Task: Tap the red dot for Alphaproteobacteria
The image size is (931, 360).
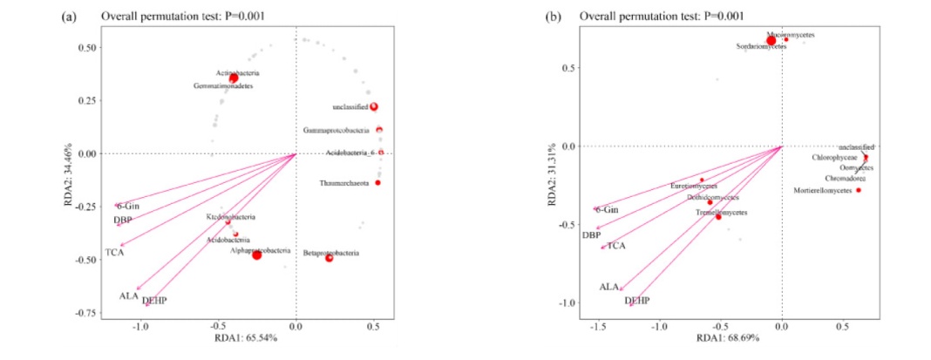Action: [257, 255]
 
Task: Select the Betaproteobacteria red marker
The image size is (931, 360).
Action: [330, 258]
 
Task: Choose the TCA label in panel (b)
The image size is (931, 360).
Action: [616, 246]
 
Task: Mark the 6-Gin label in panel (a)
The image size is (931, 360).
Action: [129, 206]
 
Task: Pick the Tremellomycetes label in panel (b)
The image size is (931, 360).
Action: [721, 212]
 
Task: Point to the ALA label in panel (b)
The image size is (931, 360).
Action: [609, 286]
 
